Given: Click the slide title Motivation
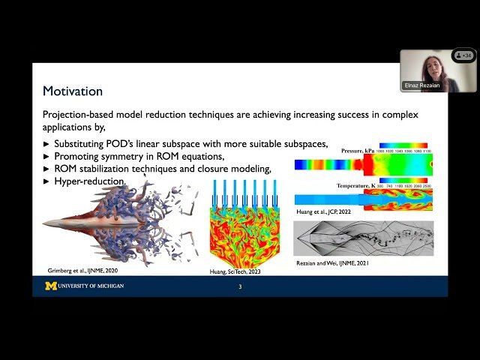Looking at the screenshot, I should click(x=72, y=91).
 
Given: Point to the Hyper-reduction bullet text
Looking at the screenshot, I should click(x=88, y=181).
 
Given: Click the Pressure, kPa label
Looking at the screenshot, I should click(x=358, y=151).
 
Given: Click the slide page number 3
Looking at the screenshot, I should click(x=240, y=286).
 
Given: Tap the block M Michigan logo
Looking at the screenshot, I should click(x=51, y=286).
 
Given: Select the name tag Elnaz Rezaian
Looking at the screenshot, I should click(x=421, y=85).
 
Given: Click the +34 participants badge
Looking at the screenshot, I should click(x=464, y=55).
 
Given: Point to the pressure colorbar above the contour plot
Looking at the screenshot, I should click(x=403, y=145).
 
